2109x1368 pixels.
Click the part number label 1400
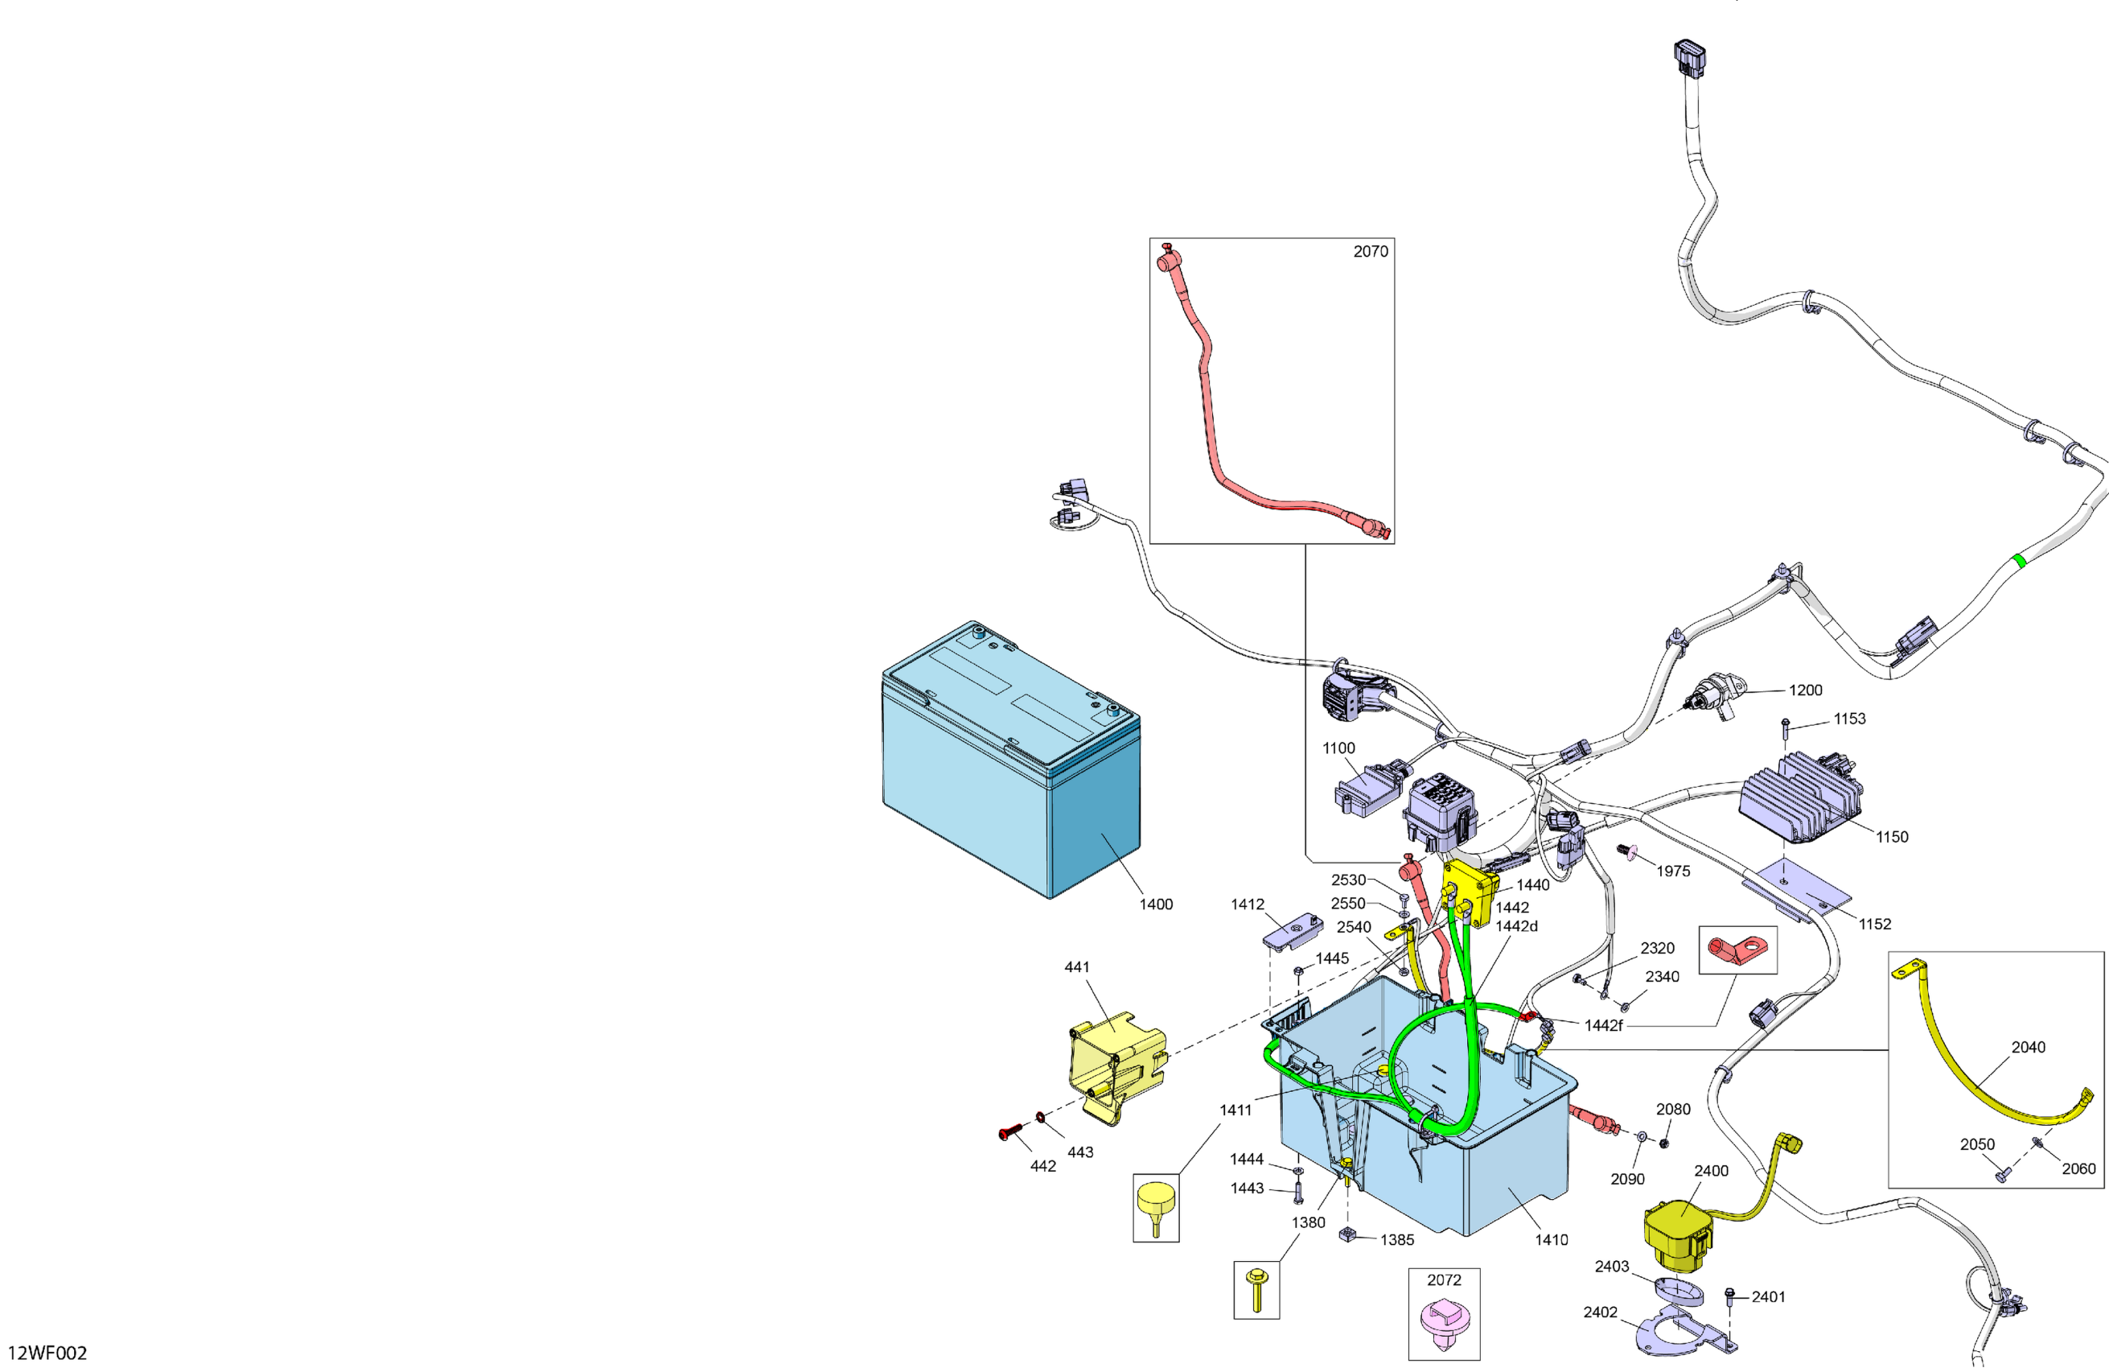pyautogui.click(x=1156, y=904)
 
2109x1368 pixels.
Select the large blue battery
pyautogui.click(x=1010, y=763)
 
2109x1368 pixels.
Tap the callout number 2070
pyautogui.click(x=1370, y=252)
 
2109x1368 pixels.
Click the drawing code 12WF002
pyautogui.click(x=47, y=1352)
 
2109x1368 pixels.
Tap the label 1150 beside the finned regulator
pyautogui.click(x=1892, y=837)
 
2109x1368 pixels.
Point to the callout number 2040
pyautogui.click(x=2028, y=1047)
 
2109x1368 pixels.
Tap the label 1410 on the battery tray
pyautogui.click(x=1552, y=1239)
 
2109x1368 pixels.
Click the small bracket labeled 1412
pyautogui.click(x=1292, y=933)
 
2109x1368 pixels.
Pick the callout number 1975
pyautogui.click(x=1673, y=871)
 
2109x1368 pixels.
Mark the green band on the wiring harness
pyautogui.click(x=2020, y=560)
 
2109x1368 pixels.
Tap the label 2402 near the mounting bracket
pyautogui.click(x=1601, y=1312)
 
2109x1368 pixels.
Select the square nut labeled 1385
pyautogui.click(x=1348, y=1234)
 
